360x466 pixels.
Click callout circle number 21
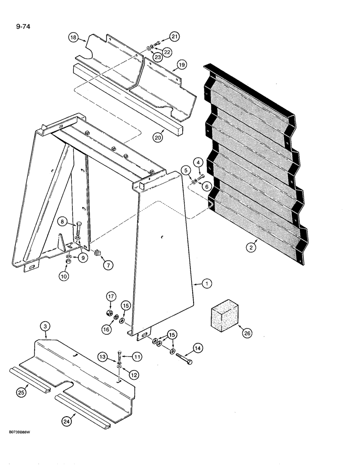coord(174,37)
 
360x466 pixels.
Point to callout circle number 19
coord(181,65)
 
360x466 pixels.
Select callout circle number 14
coord(198,347)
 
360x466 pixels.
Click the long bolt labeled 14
coord(183,360)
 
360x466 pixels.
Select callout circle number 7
coord(108,265)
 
